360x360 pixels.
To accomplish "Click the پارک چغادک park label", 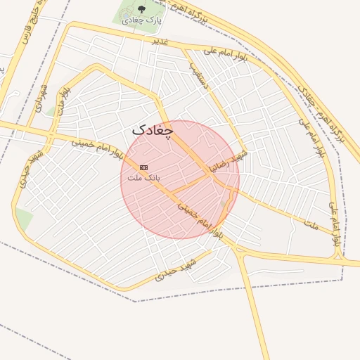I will pos(141,20).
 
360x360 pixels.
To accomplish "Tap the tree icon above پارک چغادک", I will pos(141,9).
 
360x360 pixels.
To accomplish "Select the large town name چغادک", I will pos(152,130).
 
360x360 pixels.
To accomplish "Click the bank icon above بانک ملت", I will pos(144,167).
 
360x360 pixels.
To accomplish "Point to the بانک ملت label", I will pos(143,178).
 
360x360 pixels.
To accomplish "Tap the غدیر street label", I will pos(160,42).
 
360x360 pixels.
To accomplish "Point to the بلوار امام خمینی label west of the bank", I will pos(98,146).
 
